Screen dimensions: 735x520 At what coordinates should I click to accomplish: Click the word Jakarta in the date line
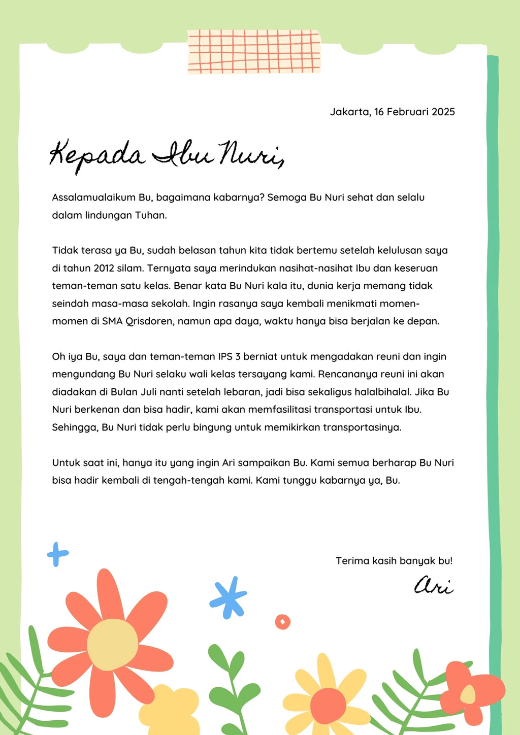tap(349, 112)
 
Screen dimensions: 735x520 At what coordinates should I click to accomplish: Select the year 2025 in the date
tap(443, 112)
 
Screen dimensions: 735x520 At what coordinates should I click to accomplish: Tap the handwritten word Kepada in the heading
tap(96, 155)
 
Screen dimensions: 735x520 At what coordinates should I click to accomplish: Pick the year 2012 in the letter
tap(104, 268)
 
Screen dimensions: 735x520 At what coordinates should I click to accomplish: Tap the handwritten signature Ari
tap(433, 586)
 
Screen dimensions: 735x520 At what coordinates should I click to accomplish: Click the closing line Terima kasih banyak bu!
tap(394, 561)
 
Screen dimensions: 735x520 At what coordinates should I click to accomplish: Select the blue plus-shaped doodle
tap(57, 554)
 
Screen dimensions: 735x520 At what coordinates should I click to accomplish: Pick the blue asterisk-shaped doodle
tap(229, 597)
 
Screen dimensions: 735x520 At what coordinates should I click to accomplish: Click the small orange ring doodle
tap(282, 621)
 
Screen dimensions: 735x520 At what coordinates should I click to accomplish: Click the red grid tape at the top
tap(254, 52)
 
